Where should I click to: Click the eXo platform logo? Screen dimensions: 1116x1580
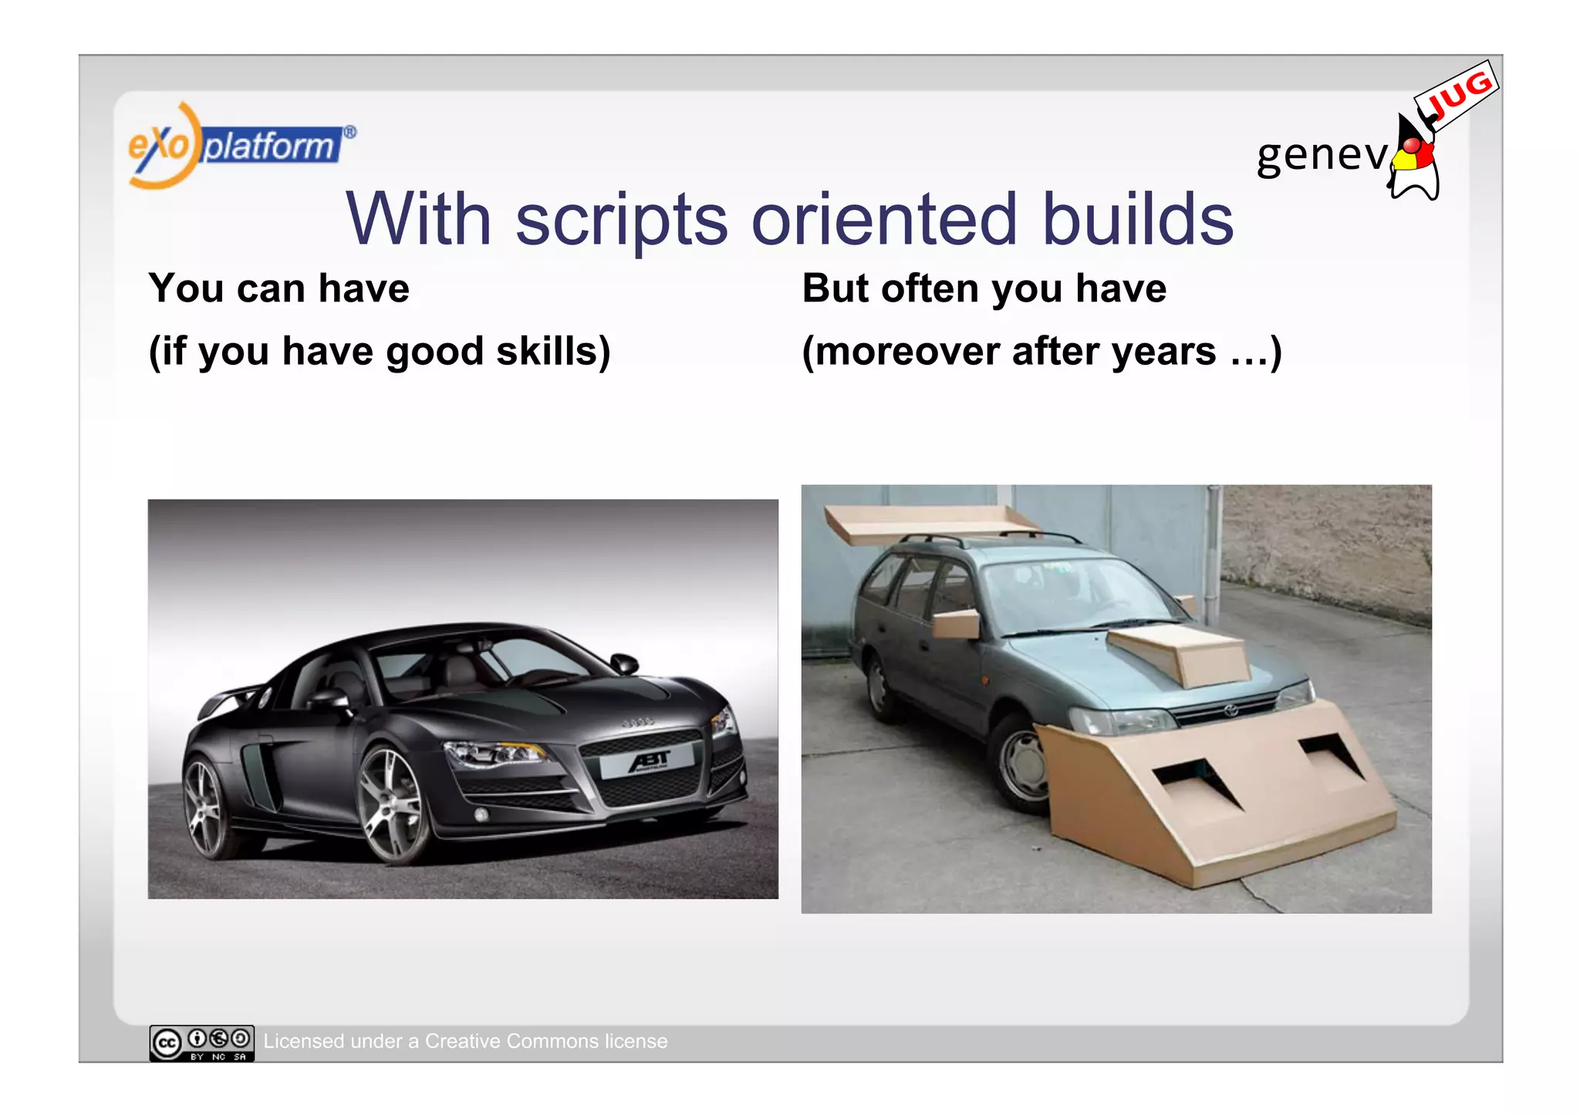[239, 146]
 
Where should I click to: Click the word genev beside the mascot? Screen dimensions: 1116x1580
[1322, 155]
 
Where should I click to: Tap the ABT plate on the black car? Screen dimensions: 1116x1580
[648, 762]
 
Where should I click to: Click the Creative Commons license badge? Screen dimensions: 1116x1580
[201, 1043]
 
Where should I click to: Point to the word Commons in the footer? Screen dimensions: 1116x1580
[552, 1041]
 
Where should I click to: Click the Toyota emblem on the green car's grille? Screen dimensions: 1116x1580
[1231, 710]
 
